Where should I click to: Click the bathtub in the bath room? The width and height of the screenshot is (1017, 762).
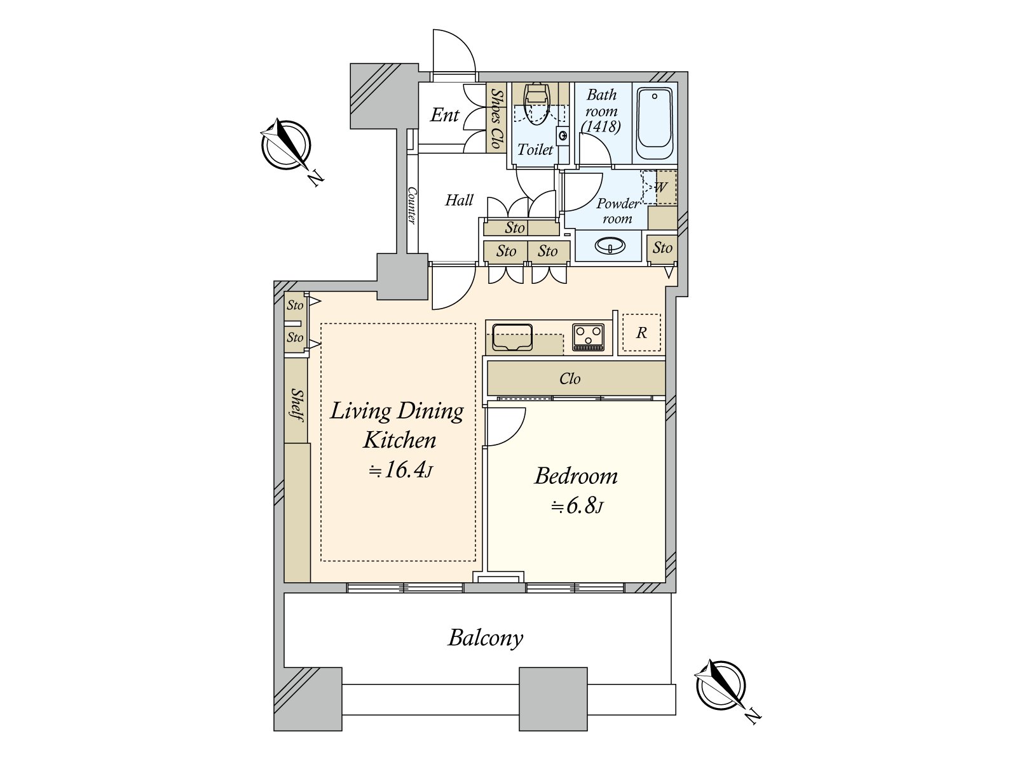coord(655,124)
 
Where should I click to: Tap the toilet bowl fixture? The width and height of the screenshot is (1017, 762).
coord(537,104)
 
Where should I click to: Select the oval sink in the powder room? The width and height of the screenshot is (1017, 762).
coord(610,245)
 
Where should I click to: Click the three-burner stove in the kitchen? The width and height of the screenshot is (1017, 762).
coord(589,337)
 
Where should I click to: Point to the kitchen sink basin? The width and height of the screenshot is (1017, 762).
coord(512,337)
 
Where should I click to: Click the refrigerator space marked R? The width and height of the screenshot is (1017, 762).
coord(641,333)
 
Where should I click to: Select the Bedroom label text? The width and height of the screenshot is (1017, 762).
coord(576,476)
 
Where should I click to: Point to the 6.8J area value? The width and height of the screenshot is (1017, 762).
coord(577,506)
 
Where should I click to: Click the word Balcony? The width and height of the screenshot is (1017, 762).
coord(486,638)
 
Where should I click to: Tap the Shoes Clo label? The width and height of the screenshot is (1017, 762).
coord(496,118)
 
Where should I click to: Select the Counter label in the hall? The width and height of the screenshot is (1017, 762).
coord(411,205)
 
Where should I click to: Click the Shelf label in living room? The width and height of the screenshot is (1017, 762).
coord(296,405)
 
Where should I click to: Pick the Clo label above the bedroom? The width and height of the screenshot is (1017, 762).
coord(570,379)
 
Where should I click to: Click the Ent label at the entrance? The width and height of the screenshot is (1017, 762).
coord(444,116)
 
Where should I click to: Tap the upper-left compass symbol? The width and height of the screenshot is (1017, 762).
coord(286,145)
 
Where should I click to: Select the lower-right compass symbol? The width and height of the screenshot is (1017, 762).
coord(721,686)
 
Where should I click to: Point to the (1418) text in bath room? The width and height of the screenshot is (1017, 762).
coord(601,126)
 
